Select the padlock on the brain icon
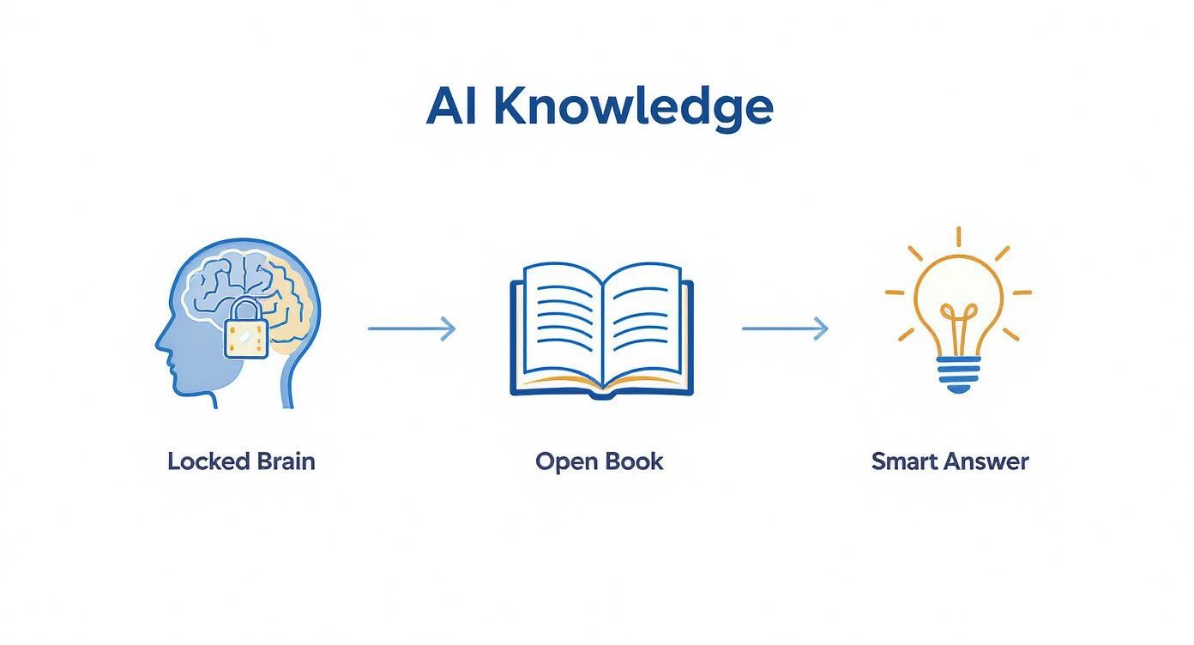pyautogui.click(x=245, y=332)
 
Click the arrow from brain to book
pyautogui.click(x=412, y=329)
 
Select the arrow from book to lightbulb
pyautogui.click(x=785, y=329)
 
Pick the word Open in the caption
pyautogui.click(x=566, y=461)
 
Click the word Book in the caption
pyautogui.click(x=634, y=461)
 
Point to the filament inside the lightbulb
pyautogui.click(x=958, y=317)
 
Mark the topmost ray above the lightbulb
pyautogui.click(x=958, y=237)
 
